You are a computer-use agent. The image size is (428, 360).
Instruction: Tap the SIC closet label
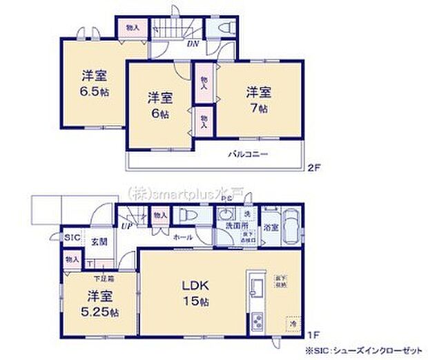click(x=72, y=237)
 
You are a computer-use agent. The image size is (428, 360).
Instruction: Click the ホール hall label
click(x=183, y=236)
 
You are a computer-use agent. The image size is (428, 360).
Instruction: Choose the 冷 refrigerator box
click(x=292, y=321)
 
